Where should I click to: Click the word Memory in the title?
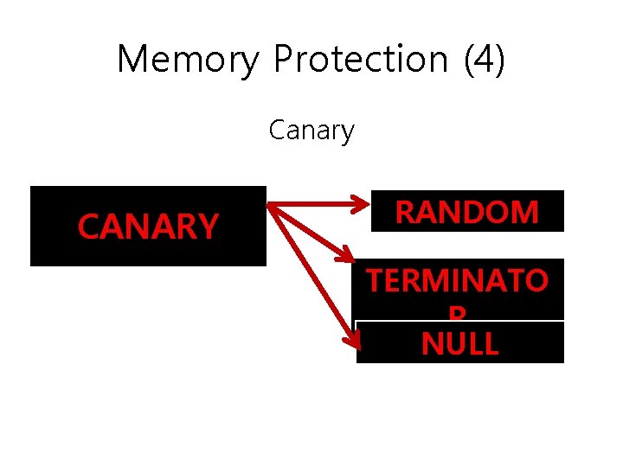(187, 60)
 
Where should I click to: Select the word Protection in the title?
(359, 60)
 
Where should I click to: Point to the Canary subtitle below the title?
(311, 131)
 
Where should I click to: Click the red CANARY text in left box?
(147, 227)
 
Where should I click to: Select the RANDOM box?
(467, 211)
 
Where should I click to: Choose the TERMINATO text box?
(457, 282)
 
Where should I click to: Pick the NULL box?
(459, 343)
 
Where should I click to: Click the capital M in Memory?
(133, 60)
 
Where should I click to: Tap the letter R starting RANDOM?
(406, 212)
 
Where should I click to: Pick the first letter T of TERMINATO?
(375, 282)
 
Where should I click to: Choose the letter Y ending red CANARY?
(208, 227)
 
